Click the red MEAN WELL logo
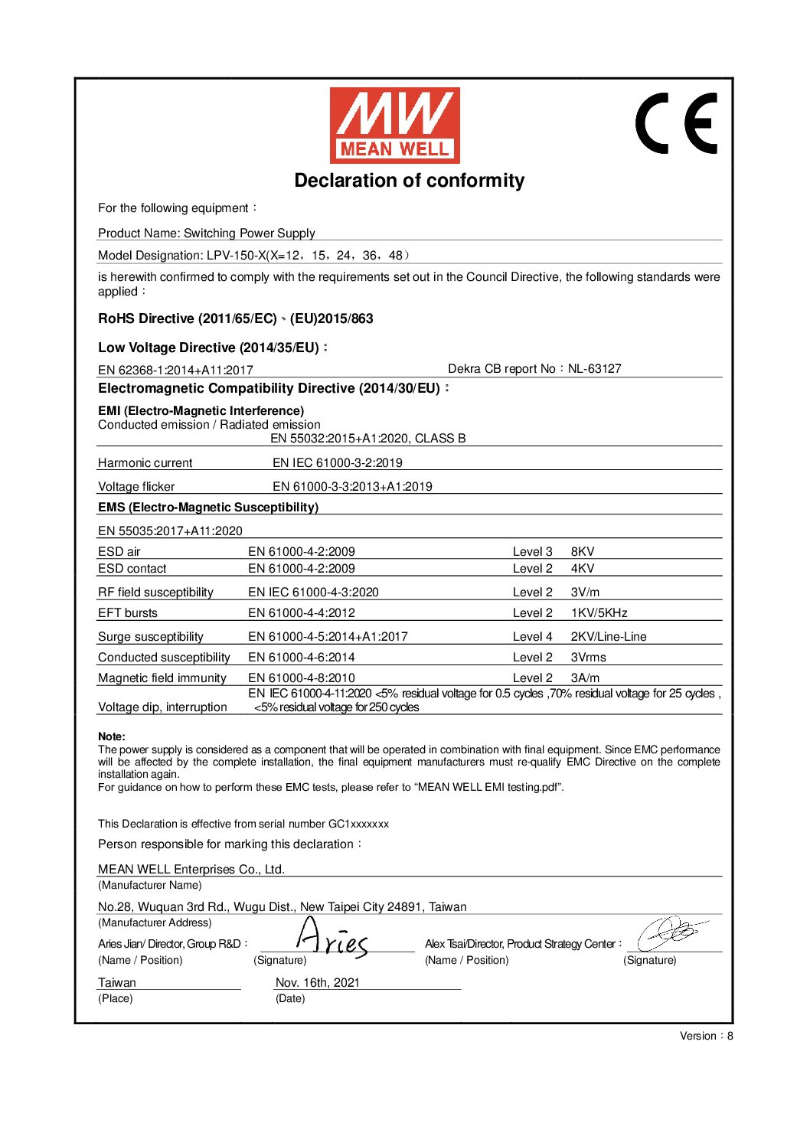pyautogui.click(x=394, y=125)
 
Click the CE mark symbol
pyautogui.click(x=676, y=123)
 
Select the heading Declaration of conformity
pyautogui.click(x=410, y=181)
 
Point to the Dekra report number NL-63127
pyautogui.click(x=594, y=369)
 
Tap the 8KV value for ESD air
pyautogui.click(x=583, y=552)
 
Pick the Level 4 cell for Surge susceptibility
pyautogui.click(x=532, y=637)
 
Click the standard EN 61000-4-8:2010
pyautogui.click(x=302, y=678)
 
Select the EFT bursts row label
pyautogui.click(x=128, y=613)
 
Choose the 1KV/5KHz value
pyautogui.click(x=599, y=613)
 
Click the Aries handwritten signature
pyautogui.click(x=331, y=939)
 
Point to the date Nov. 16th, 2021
pyautogui.click(x=317, y=983)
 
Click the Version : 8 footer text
pyautogui.click(x=706, y=1037)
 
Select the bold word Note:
pyautogui.click(x=112, y=736)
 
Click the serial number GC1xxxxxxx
pyautogui.click(x=358, y=824)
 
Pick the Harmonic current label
pyautogui.click(x=145, y=463)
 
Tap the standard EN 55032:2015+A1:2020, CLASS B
pyautogui.click(x=367, y=439)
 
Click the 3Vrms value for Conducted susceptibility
pyautogui.click(x=588, y=658)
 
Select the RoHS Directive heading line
pyautogui.click(x=236, y=319)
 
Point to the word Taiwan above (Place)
pyautogui.click(x=117, y=983)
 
